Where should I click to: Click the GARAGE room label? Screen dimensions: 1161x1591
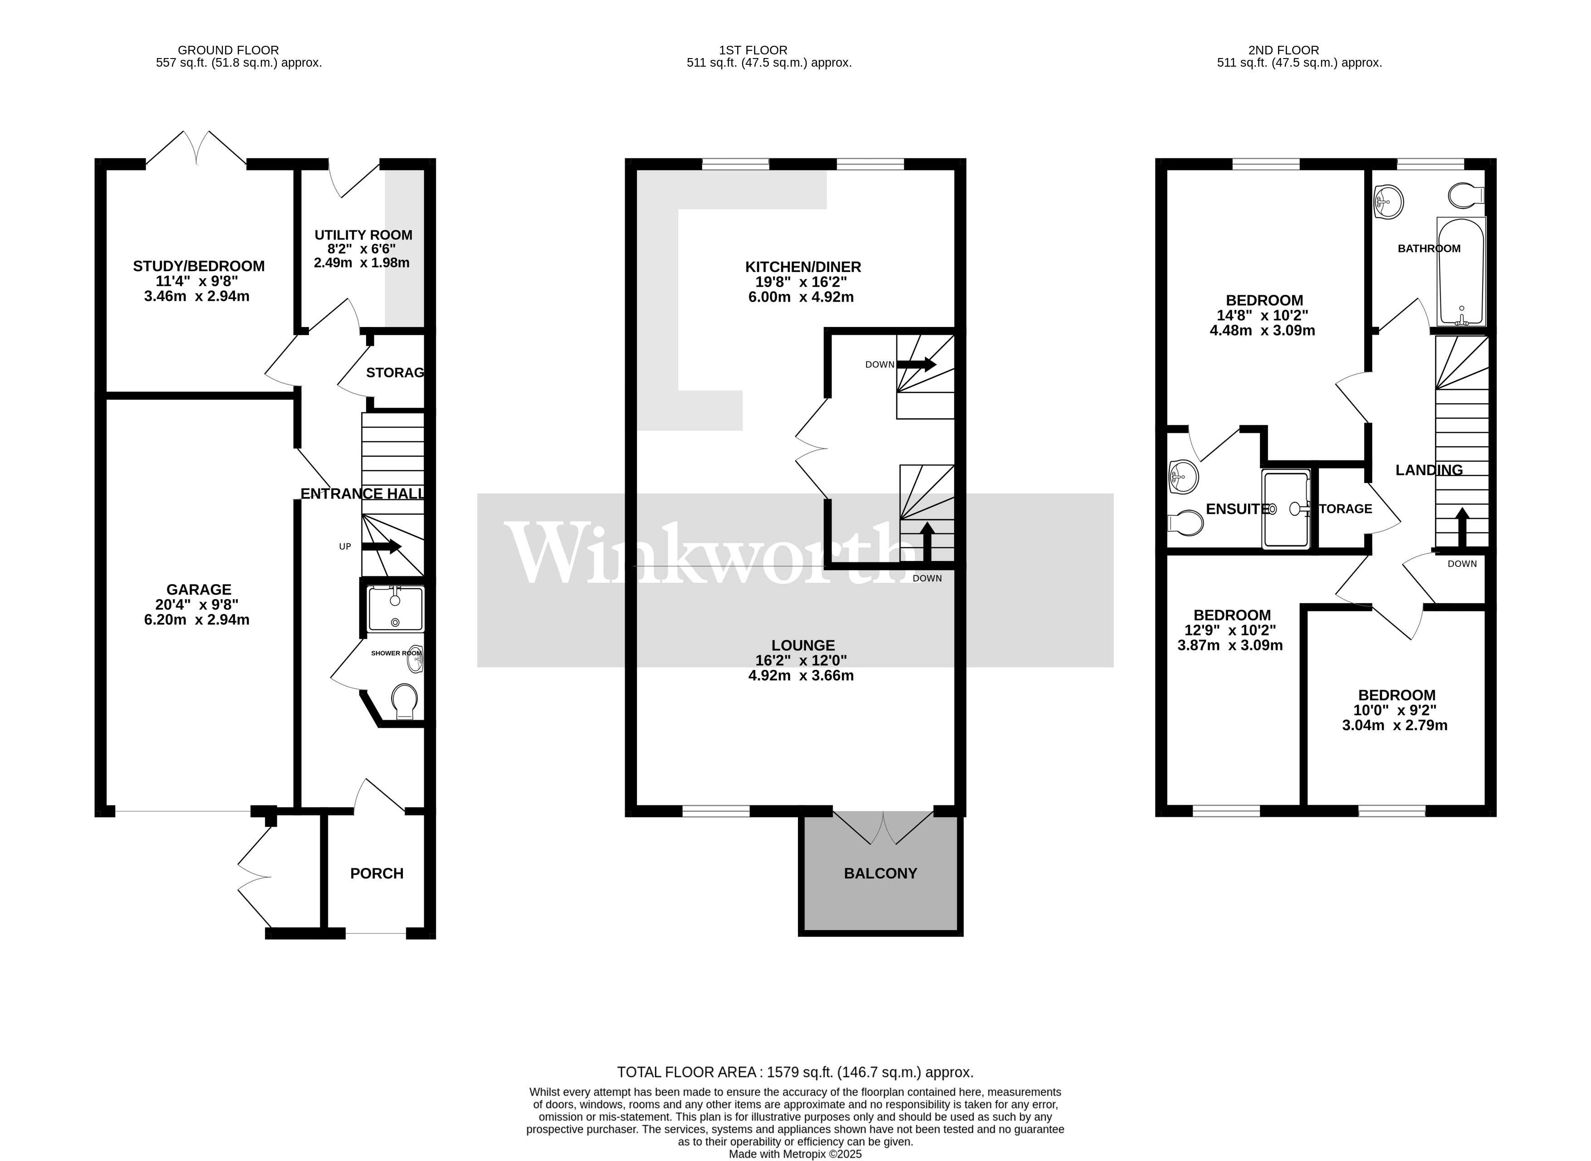[x=199, y=590]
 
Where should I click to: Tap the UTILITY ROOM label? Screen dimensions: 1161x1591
[x=363, y=235]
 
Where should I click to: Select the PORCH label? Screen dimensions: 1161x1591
[x=377, y=873]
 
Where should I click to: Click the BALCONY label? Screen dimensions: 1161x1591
[x=880, y=873]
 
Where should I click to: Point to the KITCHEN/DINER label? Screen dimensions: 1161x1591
[x=803, y=267]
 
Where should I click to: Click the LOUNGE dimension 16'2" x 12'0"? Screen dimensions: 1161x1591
[x=802, y=661]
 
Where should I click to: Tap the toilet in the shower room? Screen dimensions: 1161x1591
[x=404, y=702]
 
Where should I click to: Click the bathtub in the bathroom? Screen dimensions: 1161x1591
[x=1461, y=272]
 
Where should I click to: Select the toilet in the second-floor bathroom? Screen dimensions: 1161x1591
[x=1465, y=195]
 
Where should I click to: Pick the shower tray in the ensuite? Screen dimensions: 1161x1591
[x=1287, y=509]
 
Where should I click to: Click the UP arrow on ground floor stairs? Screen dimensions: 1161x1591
[x=381, y=546]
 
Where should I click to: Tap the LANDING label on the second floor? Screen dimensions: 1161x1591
[x=1429, y=470]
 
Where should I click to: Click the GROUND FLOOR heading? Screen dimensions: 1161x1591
[x=228, y=50]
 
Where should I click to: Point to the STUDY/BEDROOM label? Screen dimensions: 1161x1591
[x=199, y=266]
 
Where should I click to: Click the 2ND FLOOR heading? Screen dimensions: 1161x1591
[x=1283, y=50]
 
